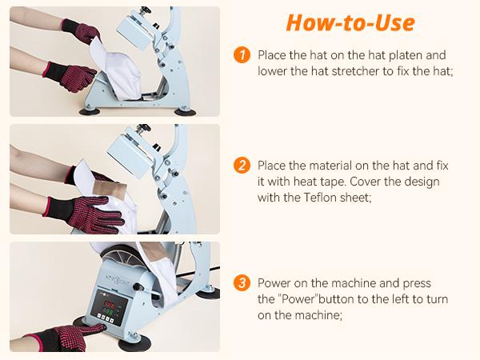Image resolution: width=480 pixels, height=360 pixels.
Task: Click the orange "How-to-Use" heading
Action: click(x=351, y=22)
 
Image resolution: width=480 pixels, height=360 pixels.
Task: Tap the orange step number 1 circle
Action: click(x=242, y=55)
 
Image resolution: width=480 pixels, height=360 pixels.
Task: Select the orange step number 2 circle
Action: click(x=242, y=166)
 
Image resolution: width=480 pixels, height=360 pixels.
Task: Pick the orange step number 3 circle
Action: click(x=242, y=283)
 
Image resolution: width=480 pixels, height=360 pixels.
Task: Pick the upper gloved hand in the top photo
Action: click(x=80, y=32)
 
